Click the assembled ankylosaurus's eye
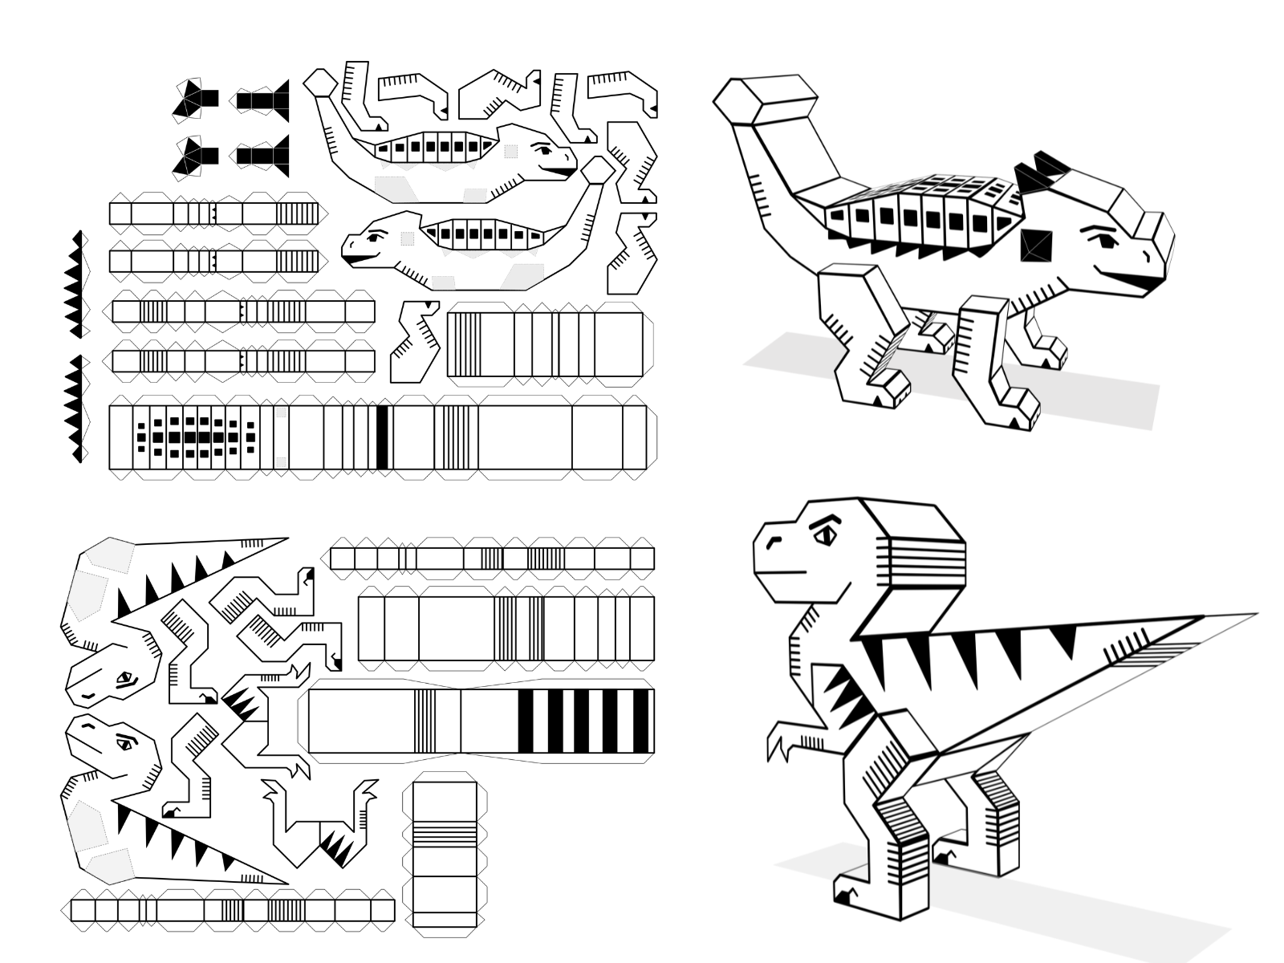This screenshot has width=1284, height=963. [1100, 238]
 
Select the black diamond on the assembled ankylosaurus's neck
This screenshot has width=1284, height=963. [1036, 245]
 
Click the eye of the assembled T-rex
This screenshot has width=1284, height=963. [825, 534]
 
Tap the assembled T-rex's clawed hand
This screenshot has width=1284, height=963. [778, 741]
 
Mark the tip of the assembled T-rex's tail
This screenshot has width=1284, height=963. [1252, 616]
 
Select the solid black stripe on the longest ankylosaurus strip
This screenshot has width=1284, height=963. [382, 437]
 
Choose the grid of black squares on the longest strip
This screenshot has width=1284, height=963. [197, 437]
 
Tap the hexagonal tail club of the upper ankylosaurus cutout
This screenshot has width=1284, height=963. [320, 81]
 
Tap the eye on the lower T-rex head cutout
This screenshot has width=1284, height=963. [124, 743]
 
